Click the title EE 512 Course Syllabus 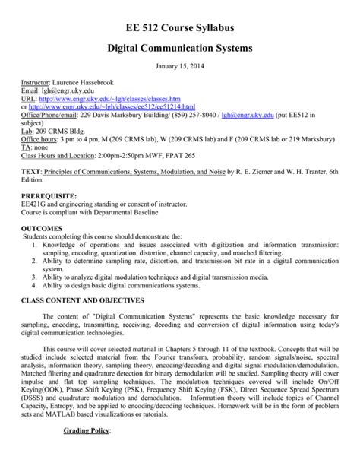[x=180, y=28]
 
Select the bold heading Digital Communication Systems [x=180, y=49]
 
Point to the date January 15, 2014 [x=180, y=66]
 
